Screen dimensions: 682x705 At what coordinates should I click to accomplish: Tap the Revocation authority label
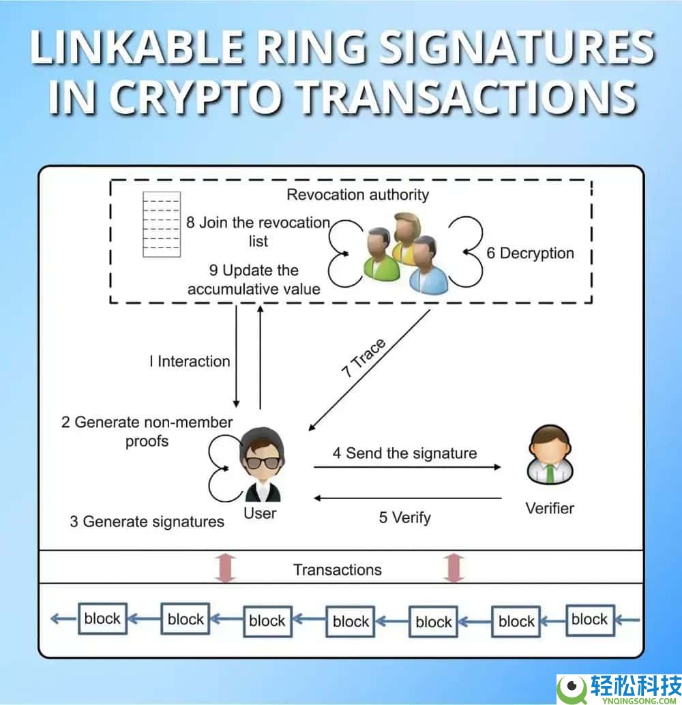pyautogui.click(x=357, y=195)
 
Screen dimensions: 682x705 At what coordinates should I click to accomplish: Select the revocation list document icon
pyautogui.click(x=162, y=224)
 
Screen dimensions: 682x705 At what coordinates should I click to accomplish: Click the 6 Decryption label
pyautogui.click(x=530, y=253)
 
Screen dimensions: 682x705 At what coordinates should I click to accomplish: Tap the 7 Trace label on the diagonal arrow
pyautogui.click(x=364, y=358)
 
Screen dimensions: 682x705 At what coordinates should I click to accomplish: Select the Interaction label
pyautogui.click(x=190, y=361)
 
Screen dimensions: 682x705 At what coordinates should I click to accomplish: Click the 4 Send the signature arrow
pyautogui.click(x=407, y=467)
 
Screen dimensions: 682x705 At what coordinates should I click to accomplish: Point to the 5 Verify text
pyautogui.click(x=404, y=517)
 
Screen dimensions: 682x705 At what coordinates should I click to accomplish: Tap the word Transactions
pyautogui.click(x=338, y=570)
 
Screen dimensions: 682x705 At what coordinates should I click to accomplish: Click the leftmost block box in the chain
pyautogui.click(x=102, y=618)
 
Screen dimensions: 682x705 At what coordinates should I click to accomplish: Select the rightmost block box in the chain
pyautogui.click(x=590, y=620)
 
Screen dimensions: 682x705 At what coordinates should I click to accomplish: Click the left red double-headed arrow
pyautogui.click(x=225, y=569)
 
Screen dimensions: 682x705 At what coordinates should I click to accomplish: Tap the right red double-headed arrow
pyautogui.click(x=454, y=569)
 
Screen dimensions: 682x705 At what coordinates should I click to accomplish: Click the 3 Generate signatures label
pyautogui.click(x=147, y=522)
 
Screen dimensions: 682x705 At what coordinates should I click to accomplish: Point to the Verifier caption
pyautogui.click(x=550, y=509)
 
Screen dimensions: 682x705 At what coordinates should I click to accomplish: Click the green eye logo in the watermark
pyautogui.click(x=572, y=687)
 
